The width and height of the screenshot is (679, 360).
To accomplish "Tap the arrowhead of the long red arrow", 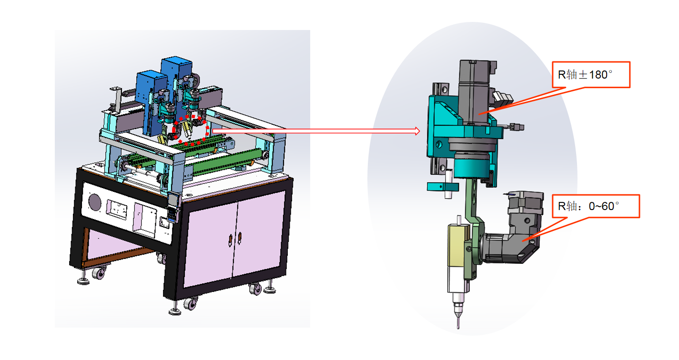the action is (418, 131).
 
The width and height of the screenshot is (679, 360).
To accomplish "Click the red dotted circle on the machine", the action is (191, 130).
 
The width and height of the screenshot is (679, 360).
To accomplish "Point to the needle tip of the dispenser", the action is (458, 328).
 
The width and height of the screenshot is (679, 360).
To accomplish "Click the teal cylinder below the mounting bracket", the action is (472, 166).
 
